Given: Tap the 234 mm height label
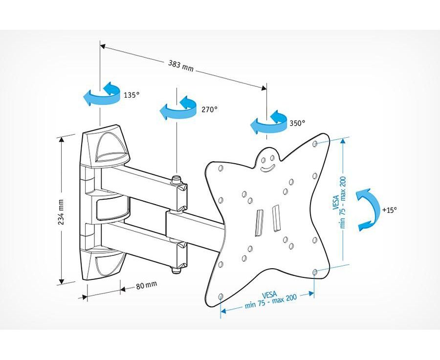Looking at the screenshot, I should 62,211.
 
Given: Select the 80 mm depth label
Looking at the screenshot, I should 147,284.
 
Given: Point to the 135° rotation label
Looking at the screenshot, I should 132,95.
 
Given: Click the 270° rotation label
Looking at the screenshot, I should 209,109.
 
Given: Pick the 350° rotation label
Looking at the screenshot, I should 297,123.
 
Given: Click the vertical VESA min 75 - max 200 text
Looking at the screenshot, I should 339,202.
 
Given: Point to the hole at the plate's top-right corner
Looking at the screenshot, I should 316,144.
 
